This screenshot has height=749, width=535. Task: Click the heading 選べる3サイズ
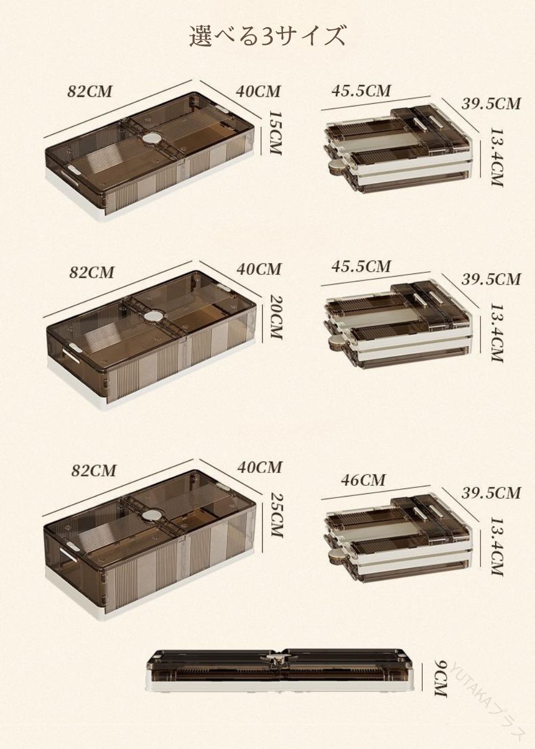click(x=267, y=36)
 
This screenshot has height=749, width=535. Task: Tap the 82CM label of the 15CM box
click(x=90, y=91)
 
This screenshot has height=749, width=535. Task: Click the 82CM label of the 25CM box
click(x=93, y=470)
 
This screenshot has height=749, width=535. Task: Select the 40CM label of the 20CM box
click(x=259, y=269)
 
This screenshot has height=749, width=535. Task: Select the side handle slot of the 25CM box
click(x=71, y=553)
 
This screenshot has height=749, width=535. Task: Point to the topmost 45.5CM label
click(x=361, y=90)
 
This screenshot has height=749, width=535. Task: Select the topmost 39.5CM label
click(x=491, y=104)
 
